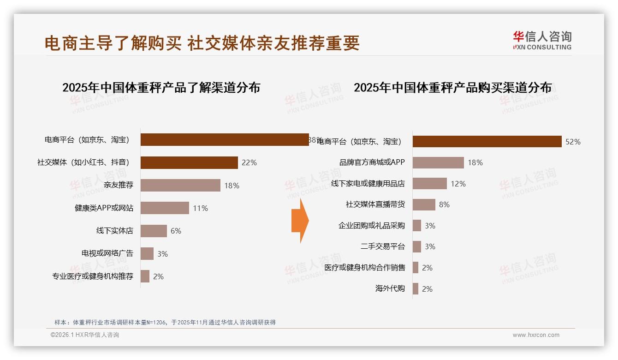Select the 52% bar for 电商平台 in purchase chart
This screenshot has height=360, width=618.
click(487, 142)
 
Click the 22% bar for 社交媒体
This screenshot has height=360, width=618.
click(189, 162)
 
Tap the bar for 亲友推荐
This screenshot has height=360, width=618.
click(180, 186)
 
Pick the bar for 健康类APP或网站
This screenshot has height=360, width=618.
click(165, 208)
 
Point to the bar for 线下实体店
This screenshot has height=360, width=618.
click(154, 231)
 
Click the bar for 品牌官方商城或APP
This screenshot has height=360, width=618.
click(438, 162)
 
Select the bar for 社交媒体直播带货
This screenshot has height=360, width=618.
click(424, 204)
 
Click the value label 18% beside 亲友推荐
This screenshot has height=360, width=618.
click(232, 186)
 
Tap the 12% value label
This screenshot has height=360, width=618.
click(458, 184)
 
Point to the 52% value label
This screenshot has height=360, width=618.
click(573, 142)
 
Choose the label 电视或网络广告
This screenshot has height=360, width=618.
click(107, 253)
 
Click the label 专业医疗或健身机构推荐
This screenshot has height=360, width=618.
click(93, 276)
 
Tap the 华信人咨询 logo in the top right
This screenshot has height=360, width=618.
click(542, 41)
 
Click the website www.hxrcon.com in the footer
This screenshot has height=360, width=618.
click(536, 335)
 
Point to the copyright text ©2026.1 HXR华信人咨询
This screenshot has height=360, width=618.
click(85, 335)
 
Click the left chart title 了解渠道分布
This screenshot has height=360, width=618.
click(161, 87)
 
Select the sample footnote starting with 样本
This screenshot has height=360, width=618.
click(165, 322)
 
